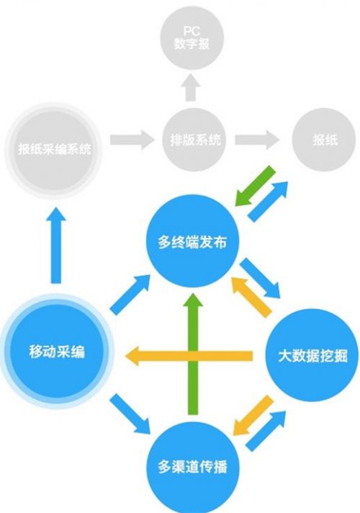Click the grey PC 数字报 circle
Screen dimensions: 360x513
pos(192,37)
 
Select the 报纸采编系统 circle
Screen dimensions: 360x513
pos(53,150)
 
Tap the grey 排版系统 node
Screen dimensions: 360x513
pos(194,140)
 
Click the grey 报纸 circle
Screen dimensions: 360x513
pos(324,140)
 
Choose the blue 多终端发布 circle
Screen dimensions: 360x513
pos(192,241)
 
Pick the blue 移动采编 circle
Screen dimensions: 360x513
pos(57,351)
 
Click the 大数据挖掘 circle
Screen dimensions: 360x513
pos(312,355)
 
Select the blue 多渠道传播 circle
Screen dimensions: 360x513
pos(192,467)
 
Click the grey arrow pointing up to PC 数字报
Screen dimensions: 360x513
pos(191,87)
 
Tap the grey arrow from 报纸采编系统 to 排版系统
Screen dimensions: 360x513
pos(132,140)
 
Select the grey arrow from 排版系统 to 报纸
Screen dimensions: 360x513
pos(257,140)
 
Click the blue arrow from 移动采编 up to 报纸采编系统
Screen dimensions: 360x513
pos(56,245)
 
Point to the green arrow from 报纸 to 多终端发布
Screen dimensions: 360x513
pos(255,186)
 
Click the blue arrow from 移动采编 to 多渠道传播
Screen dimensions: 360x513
pos(130,414)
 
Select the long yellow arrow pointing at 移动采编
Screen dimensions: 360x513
pos(189,356)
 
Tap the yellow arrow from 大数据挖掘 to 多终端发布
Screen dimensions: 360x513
pos(251,298)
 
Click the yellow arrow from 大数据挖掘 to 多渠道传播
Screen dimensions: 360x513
pos(253,415)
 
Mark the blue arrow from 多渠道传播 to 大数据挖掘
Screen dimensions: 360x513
pos(266,431)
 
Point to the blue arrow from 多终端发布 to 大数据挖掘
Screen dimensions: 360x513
pos(260,278)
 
